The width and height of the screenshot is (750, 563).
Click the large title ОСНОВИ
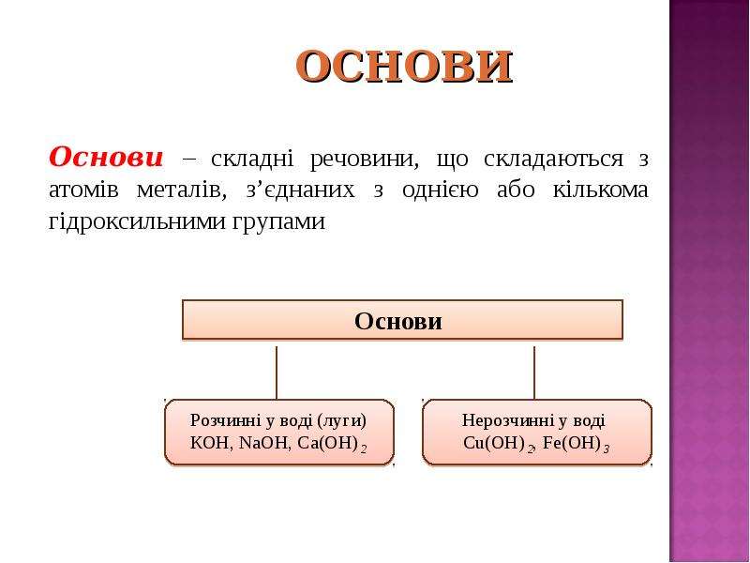pyautogui.click(x=405, y=66)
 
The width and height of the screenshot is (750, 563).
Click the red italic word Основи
pyautogui.click(x=106, y=158)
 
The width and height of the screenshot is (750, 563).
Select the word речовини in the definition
pyautogui.click(x=364, y=160)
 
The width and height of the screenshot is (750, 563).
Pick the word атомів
pyautogui.click(x=83, y=190)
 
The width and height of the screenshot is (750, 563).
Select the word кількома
pyautogui.click(x=600, y=190)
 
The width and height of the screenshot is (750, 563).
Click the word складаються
pyautogui.click(x=554, y=160)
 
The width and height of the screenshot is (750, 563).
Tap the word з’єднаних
pyautogui.click(x=300, y=190)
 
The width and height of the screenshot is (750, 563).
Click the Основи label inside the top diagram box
pyautogui.click(x=397, y=321)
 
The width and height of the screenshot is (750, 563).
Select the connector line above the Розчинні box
pyautogui.click(x=277, y=373)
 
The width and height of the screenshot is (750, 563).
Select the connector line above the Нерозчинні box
pyautogui.click(x=533, y=373)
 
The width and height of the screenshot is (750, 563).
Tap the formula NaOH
pyautogui.click(x=264, y=443)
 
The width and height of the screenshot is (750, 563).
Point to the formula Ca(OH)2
pyautogui.click(x=332, y=444)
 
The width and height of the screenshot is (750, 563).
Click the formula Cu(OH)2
pyautogui.click(x=499, y=444)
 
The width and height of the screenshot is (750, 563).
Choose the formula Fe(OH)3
pyautogui.click(x=577, y=444)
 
